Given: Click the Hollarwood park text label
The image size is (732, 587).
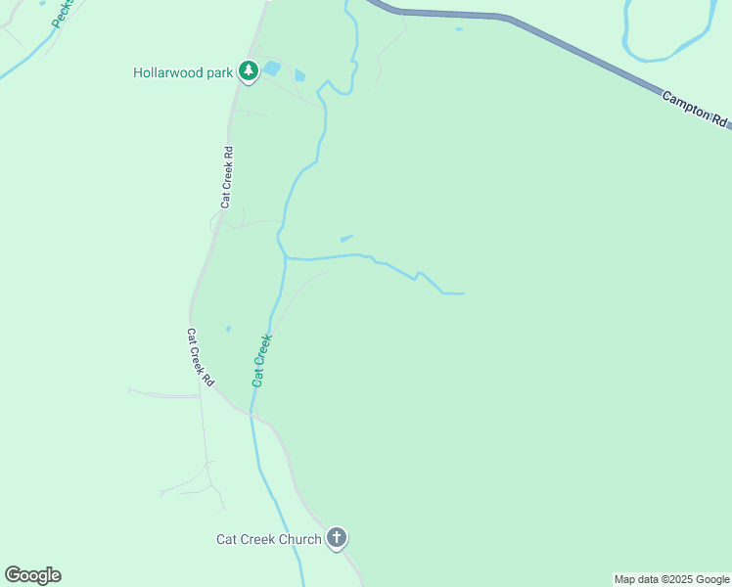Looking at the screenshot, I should [x=183, y=72].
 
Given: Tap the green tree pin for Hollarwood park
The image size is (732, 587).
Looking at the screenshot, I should [x=249, y=71].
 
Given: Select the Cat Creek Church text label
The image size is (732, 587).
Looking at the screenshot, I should [x=268, y=539].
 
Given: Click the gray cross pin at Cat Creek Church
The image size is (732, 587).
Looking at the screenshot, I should [x=337, y=537].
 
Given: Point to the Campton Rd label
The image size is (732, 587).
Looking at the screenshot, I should [x=696, y=110].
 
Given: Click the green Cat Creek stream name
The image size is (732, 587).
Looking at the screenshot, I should [x=261, y=360].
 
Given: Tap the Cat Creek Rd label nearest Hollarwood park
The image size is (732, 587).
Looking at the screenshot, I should [x=227, y=177].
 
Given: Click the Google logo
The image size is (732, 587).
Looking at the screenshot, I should [x=32, y=575].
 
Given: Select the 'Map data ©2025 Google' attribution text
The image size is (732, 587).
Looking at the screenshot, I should [x=671, y=579].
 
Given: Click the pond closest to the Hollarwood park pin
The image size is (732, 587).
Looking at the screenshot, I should [x=272, y=68].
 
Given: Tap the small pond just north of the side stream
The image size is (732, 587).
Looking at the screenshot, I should [x=345, y=238].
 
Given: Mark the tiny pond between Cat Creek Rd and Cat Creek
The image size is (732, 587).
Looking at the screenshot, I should [x=228, y=329].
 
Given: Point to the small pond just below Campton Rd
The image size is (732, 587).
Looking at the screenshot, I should [x=459, y=28].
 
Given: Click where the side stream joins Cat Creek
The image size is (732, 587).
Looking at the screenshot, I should [x=287, y=258].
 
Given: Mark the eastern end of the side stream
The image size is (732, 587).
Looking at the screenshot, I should [x=462, y=293].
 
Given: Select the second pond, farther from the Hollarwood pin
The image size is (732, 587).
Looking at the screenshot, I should [x=299, y=74].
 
